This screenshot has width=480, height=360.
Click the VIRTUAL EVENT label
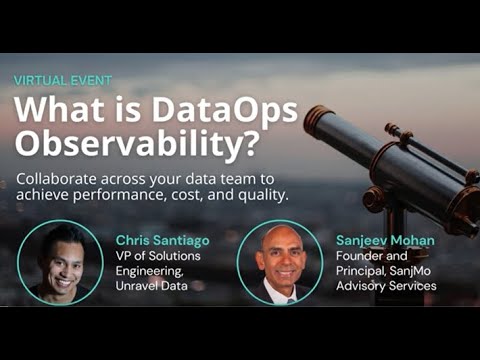click(x=62, y=79)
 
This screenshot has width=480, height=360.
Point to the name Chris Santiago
click(x=162, y=240)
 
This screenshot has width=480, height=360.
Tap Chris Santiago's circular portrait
click(x=60, y=262)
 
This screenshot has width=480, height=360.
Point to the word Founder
click(x=355, y=256)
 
